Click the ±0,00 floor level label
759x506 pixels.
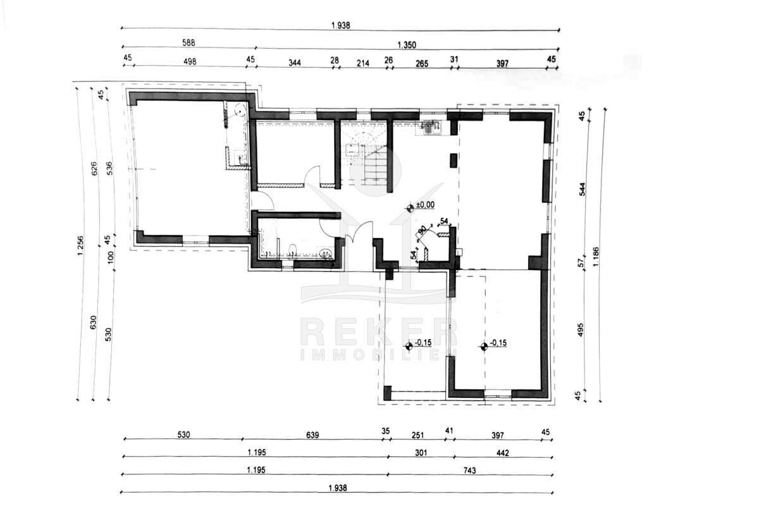click(425, 205)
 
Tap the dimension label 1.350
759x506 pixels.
click(407, 45)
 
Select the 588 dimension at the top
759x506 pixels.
click(188, 42)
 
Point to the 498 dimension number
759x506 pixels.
click(190, 61)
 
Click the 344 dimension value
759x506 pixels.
click(295, 63)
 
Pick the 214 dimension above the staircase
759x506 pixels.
click(363, 63)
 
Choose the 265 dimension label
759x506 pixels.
click(422, 63)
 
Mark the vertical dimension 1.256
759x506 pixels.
click(80, 245)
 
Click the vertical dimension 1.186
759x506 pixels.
click(596, 257)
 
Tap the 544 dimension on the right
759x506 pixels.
click(582, 189)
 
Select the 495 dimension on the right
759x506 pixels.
click(581, 330)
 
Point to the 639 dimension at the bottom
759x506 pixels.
click(312, 435)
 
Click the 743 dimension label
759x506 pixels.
click(469, 471)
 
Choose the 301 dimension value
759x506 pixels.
click(421, 453)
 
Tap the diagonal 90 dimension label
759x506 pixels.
click(423, 231)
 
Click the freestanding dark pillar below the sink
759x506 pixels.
click(453, 161)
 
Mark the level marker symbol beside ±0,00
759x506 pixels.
click(410, 208)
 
